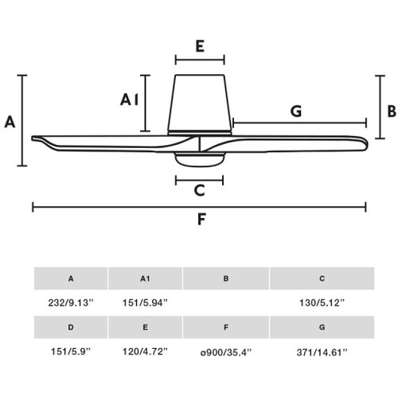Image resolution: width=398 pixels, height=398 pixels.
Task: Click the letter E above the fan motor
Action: [x=200, y=46]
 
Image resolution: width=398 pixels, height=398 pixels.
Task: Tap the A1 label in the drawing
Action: [x=129, y=100]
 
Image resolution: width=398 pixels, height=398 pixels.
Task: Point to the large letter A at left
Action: [x=10, y=122]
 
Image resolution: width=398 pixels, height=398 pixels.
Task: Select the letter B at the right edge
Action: [x=392, y=111]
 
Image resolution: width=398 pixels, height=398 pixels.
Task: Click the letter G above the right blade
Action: [x=296, y=111]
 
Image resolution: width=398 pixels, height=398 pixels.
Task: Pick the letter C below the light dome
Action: [x=199, y=190]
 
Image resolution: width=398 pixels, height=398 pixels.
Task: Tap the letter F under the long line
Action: [x=201, y=219]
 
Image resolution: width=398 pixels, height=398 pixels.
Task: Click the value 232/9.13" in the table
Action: [x=71, y=302]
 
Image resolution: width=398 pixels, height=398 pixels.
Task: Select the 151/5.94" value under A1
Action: [x=145, y=302]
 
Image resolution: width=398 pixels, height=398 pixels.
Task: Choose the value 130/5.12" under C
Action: [x=322, y=302]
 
